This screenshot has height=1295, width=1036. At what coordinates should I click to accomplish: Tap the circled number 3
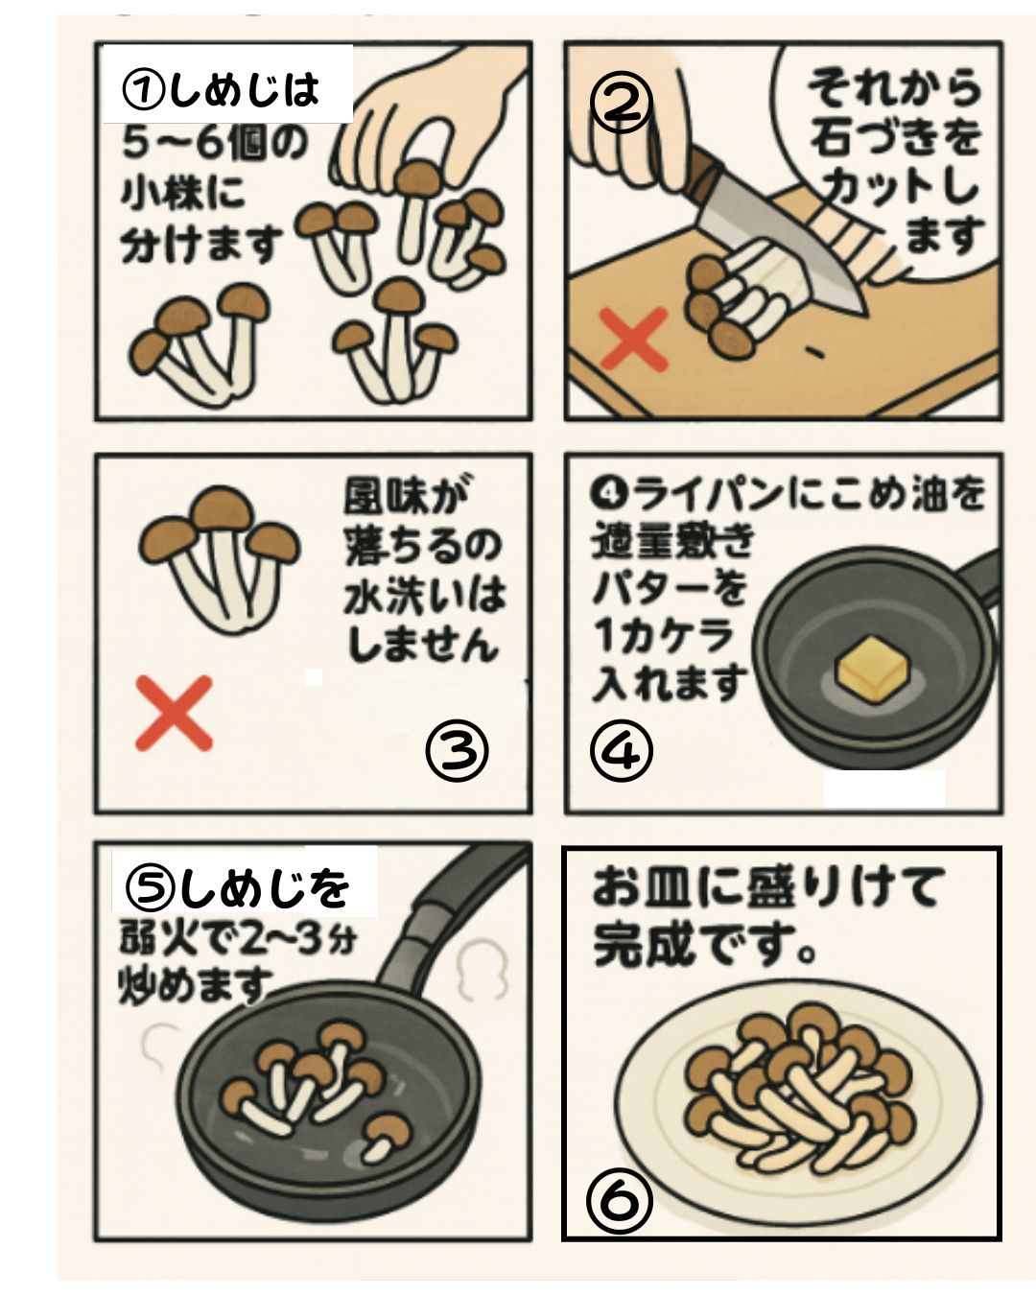pos(457,751)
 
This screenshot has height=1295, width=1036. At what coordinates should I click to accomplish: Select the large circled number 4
pos(621,751)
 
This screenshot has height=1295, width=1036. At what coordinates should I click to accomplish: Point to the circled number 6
pos(619,1199)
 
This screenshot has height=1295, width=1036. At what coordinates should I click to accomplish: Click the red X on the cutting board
pos(633,338)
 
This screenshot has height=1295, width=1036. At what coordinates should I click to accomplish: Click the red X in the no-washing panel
pos(174,713)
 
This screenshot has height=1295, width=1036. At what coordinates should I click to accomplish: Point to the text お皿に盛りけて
pos(767,886)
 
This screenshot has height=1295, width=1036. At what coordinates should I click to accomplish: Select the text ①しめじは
pos(222,90)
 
